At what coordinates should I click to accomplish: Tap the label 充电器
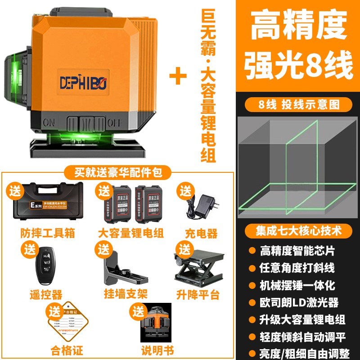[201, 234]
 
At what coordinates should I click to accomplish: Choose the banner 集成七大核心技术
[298, 230]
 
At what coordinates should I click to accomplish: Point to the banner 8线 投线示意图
[298, 104]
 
